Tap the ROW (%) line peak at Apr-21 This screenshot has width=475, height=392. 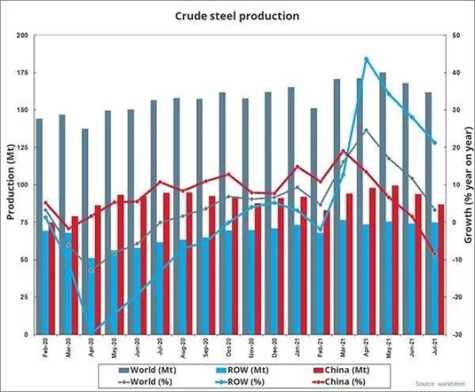pos(366,59)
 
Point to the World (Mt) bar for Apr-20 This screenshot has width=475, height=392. pos(84,231)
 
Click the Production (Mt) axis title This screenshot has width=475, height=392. pos(10,185)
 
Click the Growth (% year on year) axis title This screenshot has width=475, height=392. pos(467,185)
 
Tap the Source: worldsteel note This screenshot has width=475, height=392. pos(439,383)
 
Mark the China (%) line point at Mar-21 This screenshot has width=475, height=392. pos(343,151)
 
